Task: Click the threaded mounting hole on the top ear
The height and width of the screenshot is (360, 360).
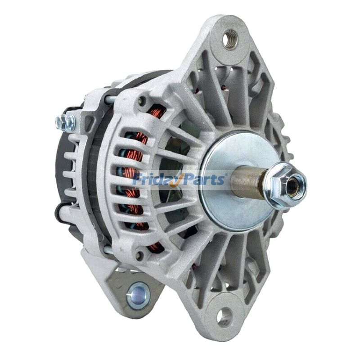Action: [230, 39]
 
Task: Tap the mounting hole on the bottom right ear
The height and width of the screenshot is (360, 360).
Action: [224, 316]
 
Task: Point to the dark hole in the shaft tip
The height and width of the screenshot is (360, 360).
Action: [293, 186]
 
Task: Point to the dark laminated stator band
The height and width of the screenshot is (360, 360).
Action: [97, 180]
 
